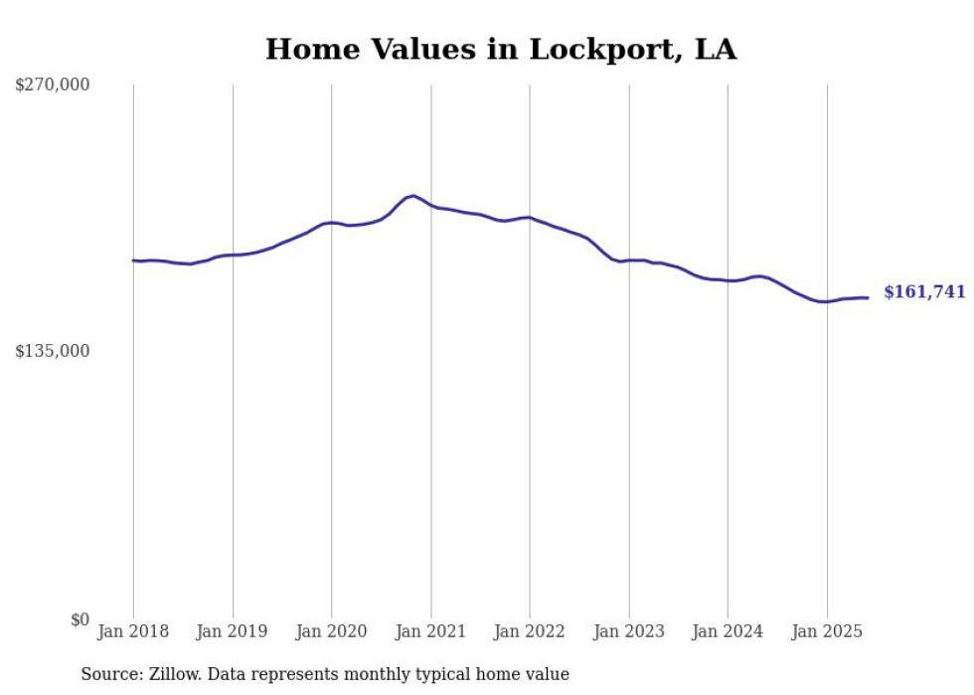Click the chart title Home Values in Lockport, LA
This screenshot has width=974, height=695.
[x=501, y=50]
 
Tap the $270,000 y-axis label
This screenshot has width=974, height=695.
[x=52, y=86]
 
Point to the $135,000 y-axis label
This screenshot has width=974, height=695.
[x=52, y=351]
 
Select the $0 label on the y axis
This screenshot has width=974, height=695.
[x=80, y=619]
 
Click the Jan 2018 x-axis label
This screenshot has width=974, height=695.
[x=133, y=631]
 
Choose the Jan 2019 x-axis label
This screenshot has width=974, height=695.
[x=233, y=631]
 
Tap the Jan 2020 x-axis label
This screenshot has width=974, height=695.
[x=332, y=631]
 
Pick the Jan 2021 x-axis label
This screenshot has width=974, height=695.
[x=430, y=631]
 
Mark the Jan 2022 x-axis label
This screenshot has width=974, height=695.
[x=530, y=631]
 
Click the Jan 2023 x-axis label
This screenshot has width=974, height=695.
[x=629, y=631]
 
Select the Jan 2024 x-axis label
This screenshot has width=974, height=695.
[x=728, y=631]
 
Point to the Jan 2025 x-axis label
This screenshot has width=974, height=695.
[x=827, y=631]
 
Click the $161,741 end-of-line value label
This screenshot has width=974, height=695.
[x=924, y=292]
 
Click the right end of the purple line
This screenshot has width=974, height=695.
[x=868, y=297]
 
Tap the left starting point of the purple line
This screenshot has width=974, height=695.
[x=133, y=261]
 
